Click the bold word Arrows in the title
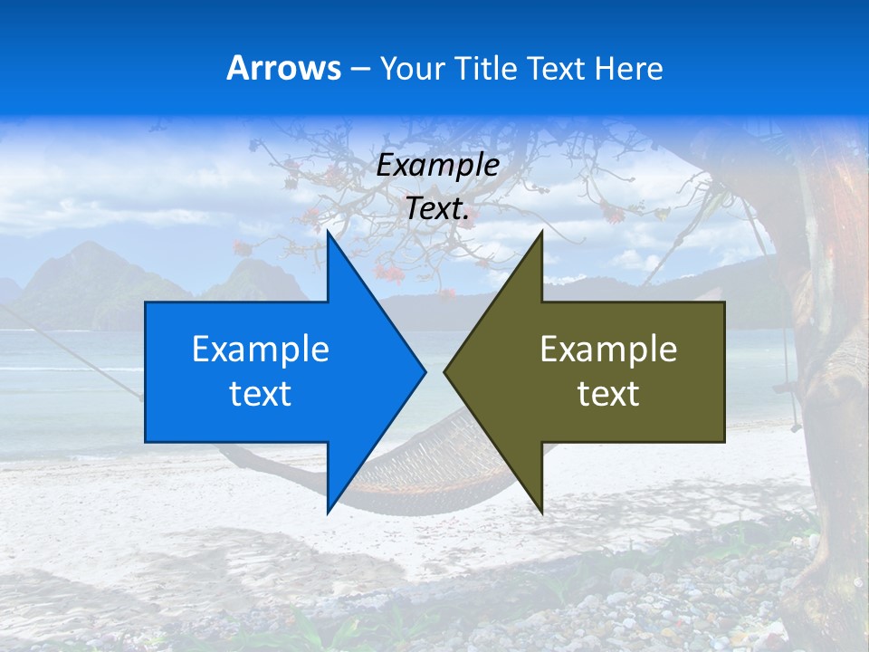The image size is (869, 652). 283,68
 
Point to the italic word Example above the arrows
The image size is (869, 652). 437,166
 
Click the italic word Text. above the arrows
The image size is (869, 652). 437,209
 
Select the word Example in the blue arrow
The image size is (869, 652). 260,350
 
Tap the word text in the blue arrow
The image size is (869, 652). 260,394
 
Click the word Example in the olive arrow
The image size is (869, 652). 608,350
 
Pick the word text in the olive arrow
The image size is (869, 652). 608,394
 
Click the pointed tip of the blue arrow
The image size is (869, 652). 425,370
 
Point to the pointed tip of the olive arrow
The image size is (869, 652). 445,370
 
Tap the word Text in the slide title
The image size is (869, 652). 557,68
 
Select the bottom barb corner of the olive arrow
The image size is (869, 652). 541,512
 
